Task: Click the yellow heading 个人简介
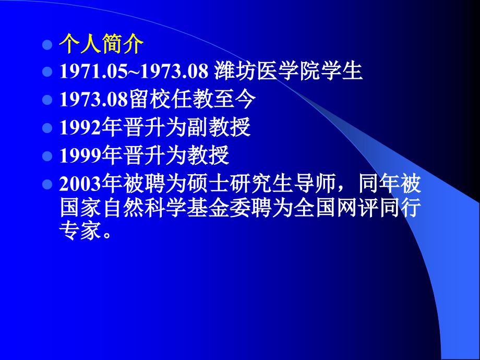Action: [101, 44]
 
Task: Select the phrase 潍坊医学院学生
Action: [289, 71]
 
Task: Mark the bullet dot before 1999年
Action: [46, 155]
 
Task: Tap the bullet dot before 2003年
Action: [46, 184]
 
